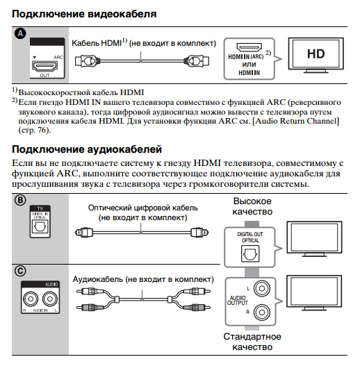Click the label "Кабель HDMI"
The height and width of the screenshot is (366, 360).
(x=97, y=43)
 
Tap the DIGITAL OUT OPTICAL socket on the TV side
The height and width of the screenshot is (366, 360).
(x=251, y=255)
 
